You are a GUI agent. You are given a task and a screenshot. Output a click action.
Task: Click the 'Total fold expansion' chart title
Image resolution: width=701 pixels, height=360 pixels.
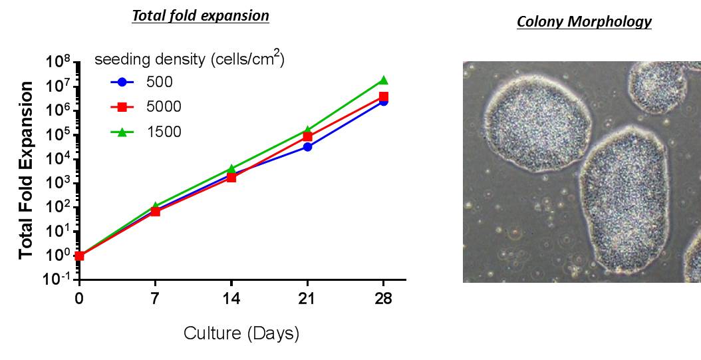[x=200, y=16]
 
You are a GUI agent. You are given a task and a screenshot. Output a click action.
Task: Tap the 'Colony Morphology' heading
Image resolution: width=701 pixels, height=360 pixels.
[x=584, y=22]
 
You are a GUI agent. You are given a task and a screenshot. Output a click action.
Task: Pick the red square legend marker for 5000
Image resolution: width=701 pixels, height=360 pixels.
[x=122, y=107]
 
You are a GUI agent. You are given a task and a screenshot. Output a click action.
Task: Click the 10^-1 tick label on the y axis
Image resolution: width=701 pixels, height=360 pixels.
[x=59, y=279]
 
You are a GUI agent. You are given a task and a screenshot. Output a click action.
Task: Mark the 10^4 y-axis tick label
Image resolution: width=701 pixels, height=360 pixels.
[x=59, y=159]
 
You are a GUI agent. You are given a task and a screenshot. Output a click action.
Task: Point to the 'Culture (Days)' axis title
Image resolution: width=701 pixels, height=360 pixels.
[x=241, y=333]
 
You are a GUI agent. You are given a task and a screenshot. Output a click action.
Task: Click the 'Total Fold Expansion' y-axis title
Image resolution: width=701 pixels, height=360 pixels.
[x=27, y=170]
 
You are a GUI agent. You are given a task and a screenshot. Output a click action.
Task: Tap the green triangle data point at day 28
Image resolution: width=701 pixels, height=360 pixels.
[x=384, y=80]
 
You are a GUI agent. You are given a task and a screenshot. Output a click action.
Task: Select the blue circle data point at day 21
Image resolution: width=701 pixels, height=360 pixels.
[x=308, y=146]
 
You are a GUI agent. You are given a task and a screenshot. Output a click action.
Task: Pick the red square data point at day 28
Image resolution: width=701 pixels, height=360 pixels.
[x=384, y=96]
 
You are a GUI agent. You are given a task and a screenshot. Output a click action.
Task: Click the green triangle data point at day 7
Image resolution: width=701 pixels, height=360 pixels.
[x=155, y=206]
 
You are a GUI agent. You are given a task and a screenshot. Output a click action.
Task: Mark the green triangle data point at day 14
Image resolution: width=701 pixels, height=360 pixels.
[x=231, y=169]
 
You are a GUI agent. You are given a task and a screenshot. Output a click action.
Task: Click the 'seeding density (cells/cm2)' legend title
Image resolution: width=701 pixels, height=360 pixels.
[x=190, y=59]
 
